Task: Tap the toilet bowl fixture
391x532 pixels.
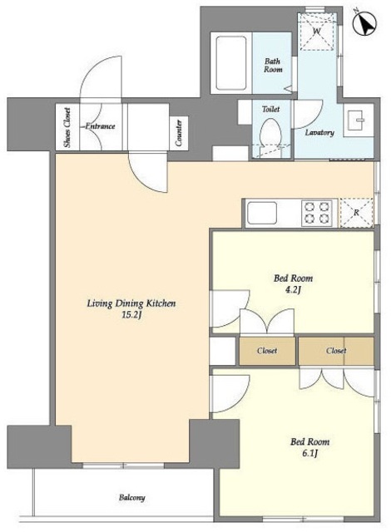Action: (x=270, y=133)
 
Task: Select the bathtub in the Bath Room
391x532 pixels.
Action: (x=231, y=63)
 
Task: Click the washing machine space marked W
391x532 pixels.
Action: (x=317, y=32)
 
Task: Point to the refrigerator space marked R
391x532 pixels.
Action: (x=356, y=213)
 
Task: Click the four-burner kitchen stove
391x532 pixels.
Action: (x=317, y=213)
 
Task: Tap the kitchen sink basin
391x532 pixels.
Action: (x=262, y=213)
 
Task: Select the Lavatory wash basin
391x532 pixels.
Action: (x=358, y=120)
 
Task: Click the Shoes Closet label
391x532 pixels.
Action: (x=67, y=127)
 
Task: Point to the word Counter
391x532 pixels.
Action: (x=179, y=133)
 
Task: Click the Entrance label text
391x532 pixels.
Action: (x=100, y=126)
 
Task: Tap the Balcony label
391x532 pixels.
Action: (x=132, y=498)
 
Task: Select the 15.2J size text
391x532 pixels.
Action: (x=131, y=315)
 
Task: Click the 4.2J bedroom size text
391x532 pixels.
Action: (x=293, y=290)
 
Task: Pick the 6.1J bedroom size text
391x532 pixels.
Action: (x=309, y=453)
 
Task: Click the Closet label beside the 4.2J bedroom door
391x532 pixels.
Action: (x=267, y=351)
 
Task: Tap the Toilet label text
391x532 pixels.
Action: (x=271, y=109)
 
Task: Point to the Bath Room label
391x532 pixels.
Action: (x=273, y=65)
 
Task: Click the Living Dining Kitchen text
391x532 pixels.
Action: (x=131, y=303)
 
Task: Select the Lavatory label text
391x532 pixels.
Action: (x=319, y=132)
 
